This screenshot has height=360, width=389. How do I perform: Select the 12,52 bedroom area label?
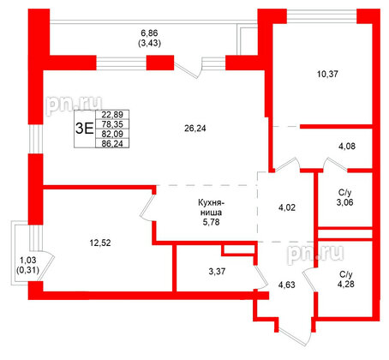(x=102, y=243)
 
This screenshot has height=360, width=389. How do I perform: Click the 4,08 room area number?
(x=347, y=147)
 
